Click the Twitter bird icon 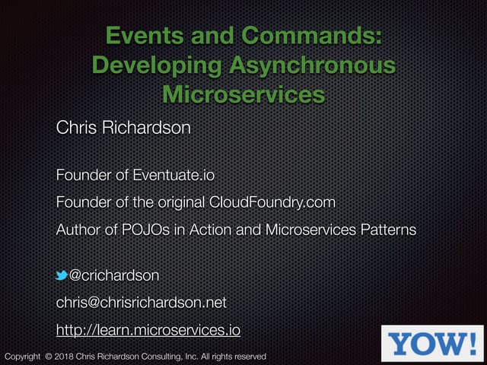click(x=62, y=275)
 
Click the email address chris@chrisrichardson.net click(x=141, y=302)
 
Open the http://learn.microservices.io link click(x=148, y=330)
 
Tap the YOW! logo click(x=432, y=343)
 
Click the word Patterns click(x=386, y=230)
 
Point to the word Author click(x=76, y=230)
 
